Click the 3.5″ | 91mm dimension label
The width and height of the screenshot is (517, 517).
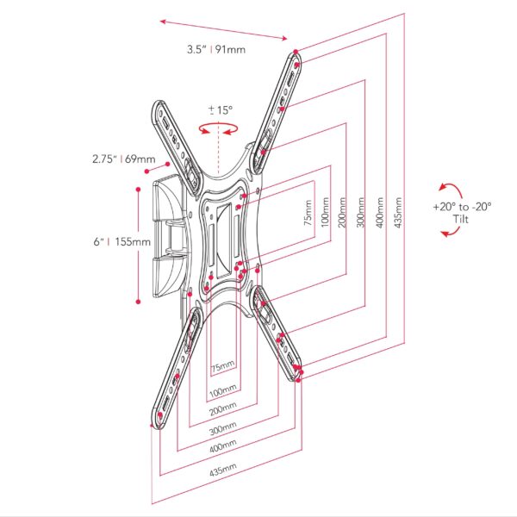pos(216,49)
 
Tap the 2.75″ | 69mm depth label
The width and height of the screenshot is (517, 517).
pos(123,159)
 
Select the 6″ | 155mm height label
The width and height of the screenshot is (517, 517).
pos(122,241)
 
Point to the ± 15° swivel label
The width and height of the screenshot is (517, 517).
pos(221,109)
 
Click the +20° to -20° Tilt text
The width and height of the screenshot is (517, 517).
pos(462,213)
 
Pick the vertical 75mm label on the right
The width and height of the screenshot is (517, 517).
pos(308,212)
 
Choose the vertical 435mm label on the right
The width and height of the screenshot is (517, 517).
pos(398,212)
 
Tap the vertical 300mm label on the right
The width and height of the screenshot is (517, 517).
pos(361,212)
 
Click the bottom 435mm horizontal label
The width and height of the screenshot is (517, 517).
pos(223,470)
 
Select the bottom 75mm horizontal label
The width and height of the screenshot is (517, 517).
pos(223,366)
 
